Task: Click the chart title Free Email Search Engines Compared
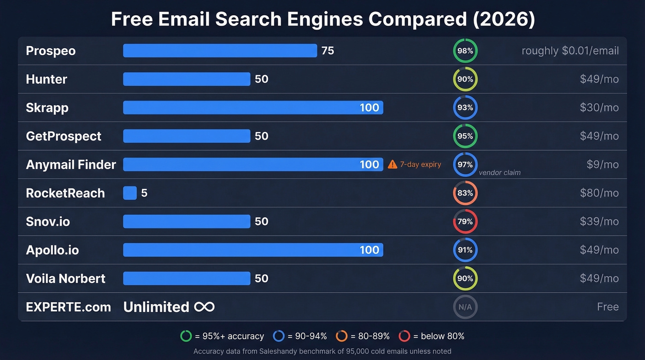(x=322, y=19)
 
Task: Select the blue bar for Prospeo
(x=220, y=51)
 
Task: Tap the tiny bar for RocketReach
(x=130, y=193)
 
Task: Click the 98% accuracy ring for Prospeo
(x=465, y=51)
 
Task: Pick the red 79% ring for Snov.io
(x=465, y=222)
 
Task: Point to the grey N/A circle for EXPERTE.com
(x=465, y=307)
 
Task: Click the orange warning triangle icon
(x=393, y=165)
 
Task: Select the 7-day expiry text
(x=420, y=165)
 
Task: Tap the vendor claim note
(x=499, y=172)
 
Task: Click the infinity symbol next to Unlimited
(x=204, y=307)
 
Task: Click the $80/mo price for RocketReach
(x=599, y=193)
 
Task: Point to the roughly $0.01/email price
(x=570, y=51)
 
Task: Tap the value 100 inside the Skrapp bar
(x=369, y=108)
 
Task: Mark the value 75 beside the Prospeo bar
(x=328, y=51)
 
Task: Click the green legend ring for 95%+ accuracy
(x=186, y=336)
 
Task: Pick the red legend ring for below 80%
(x=404, y=336)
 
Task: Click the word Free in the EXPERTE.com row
(x=608, y=307)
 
